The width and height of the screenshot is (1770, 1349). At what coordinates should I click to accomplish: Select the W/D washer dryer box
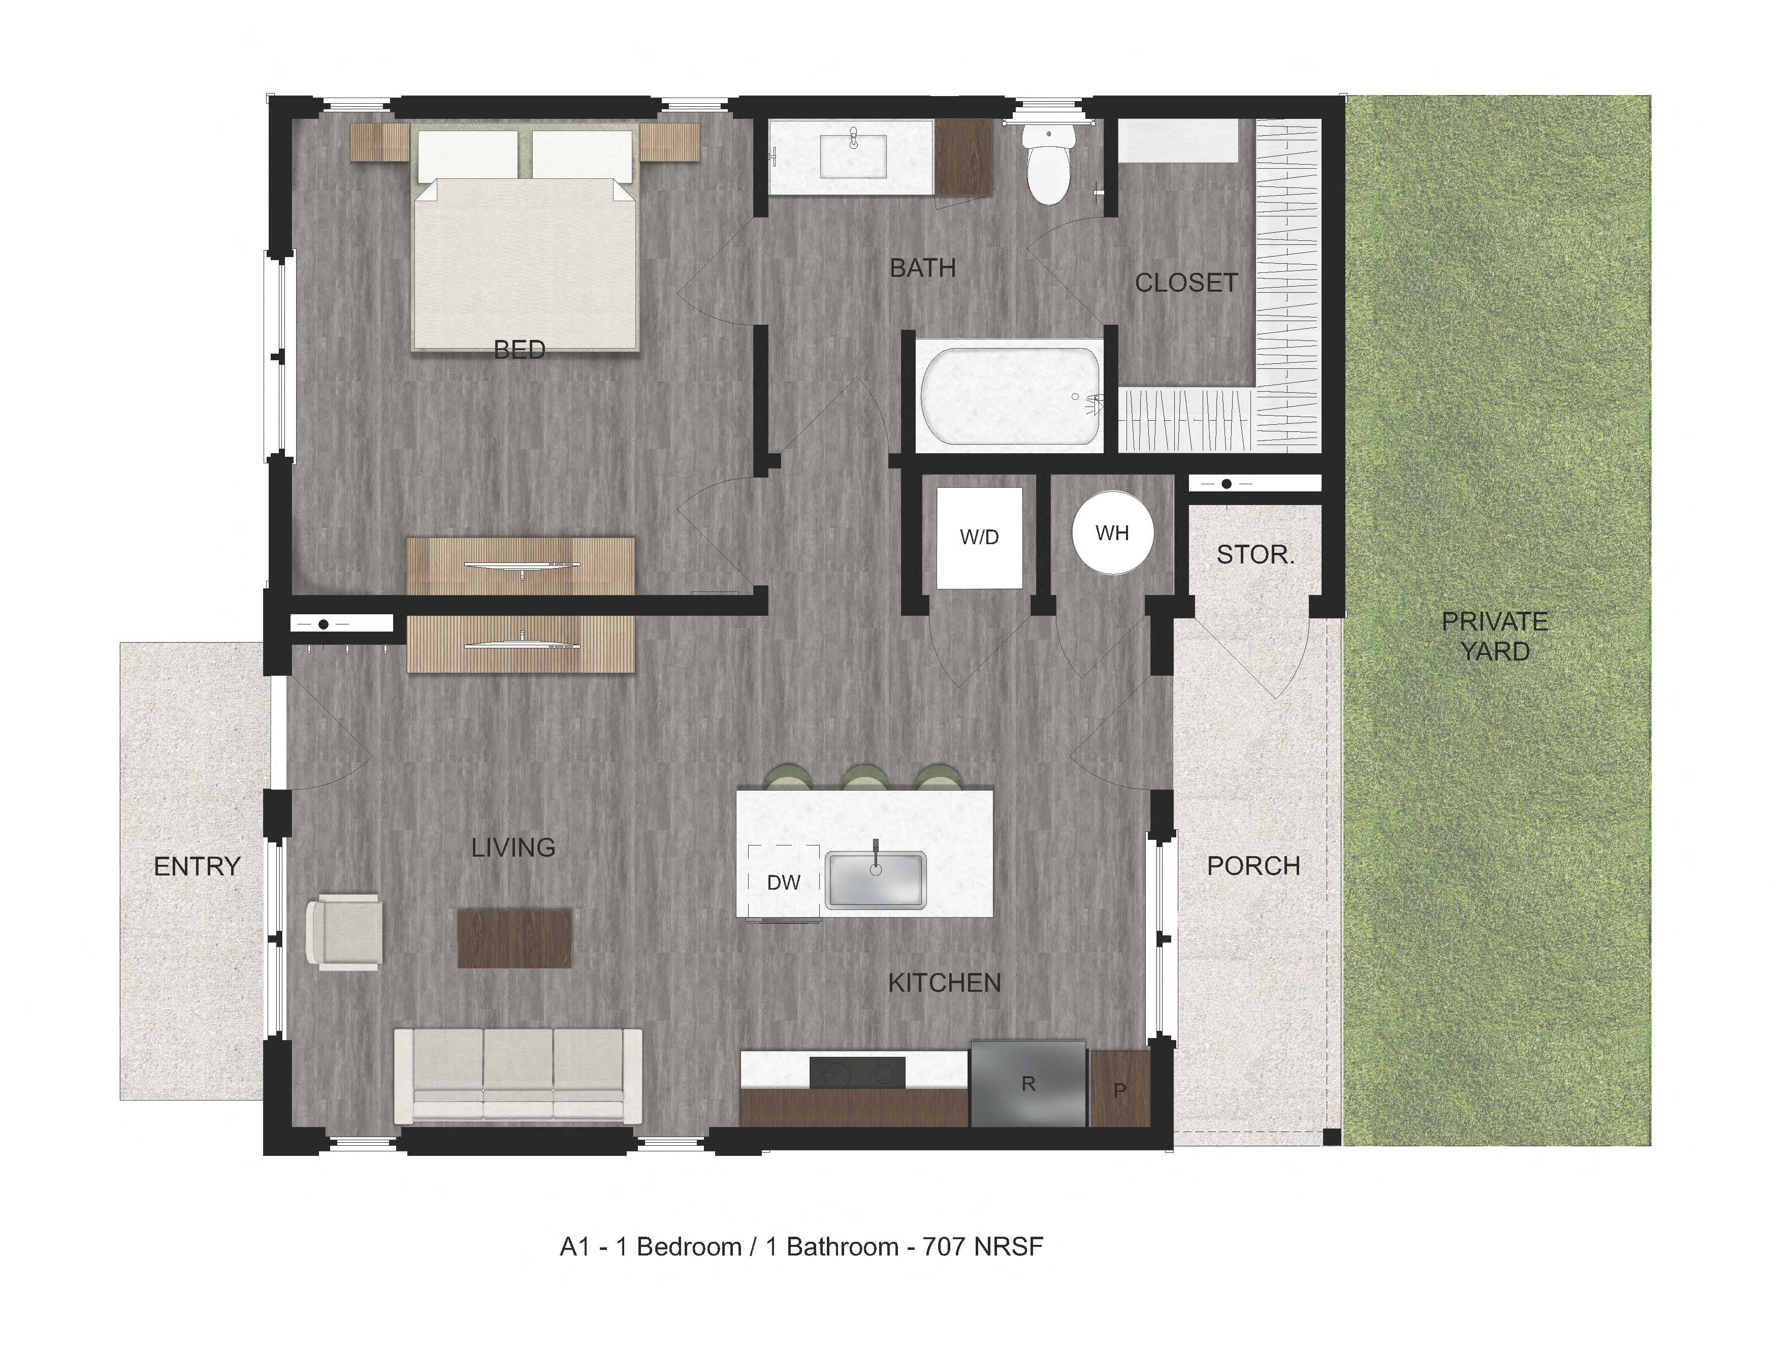tap(979, 537)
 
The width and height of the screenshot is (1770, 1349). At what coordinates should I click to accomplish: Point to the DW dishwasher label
tap(784, 883)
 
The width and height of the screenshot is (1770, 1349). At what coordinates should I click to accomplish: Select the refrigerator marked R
tap(1028, 1084)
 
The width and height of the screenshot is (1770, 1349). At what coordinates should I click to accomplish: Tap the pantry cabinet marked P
tap(1120, 1089)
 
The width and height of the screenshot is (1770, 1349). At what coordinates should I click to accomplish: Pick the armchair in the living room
tap(345, 931)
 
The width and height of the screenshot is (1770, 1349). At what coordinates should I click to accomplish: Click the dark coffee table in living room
tap(514, 938)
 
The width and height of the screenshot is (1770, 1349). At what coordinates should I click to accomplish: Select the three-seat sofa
tap(518, 1076)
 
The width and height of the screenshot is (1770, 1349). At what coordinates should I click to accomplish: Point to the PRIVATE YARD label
tap(1495, 637)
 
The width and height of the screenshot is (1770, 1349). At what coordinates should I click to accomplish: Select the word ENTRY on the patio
tap(198, 866)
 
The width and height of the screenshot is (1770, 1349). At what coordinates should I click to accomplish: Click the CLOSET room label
tap(1185, 283)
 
